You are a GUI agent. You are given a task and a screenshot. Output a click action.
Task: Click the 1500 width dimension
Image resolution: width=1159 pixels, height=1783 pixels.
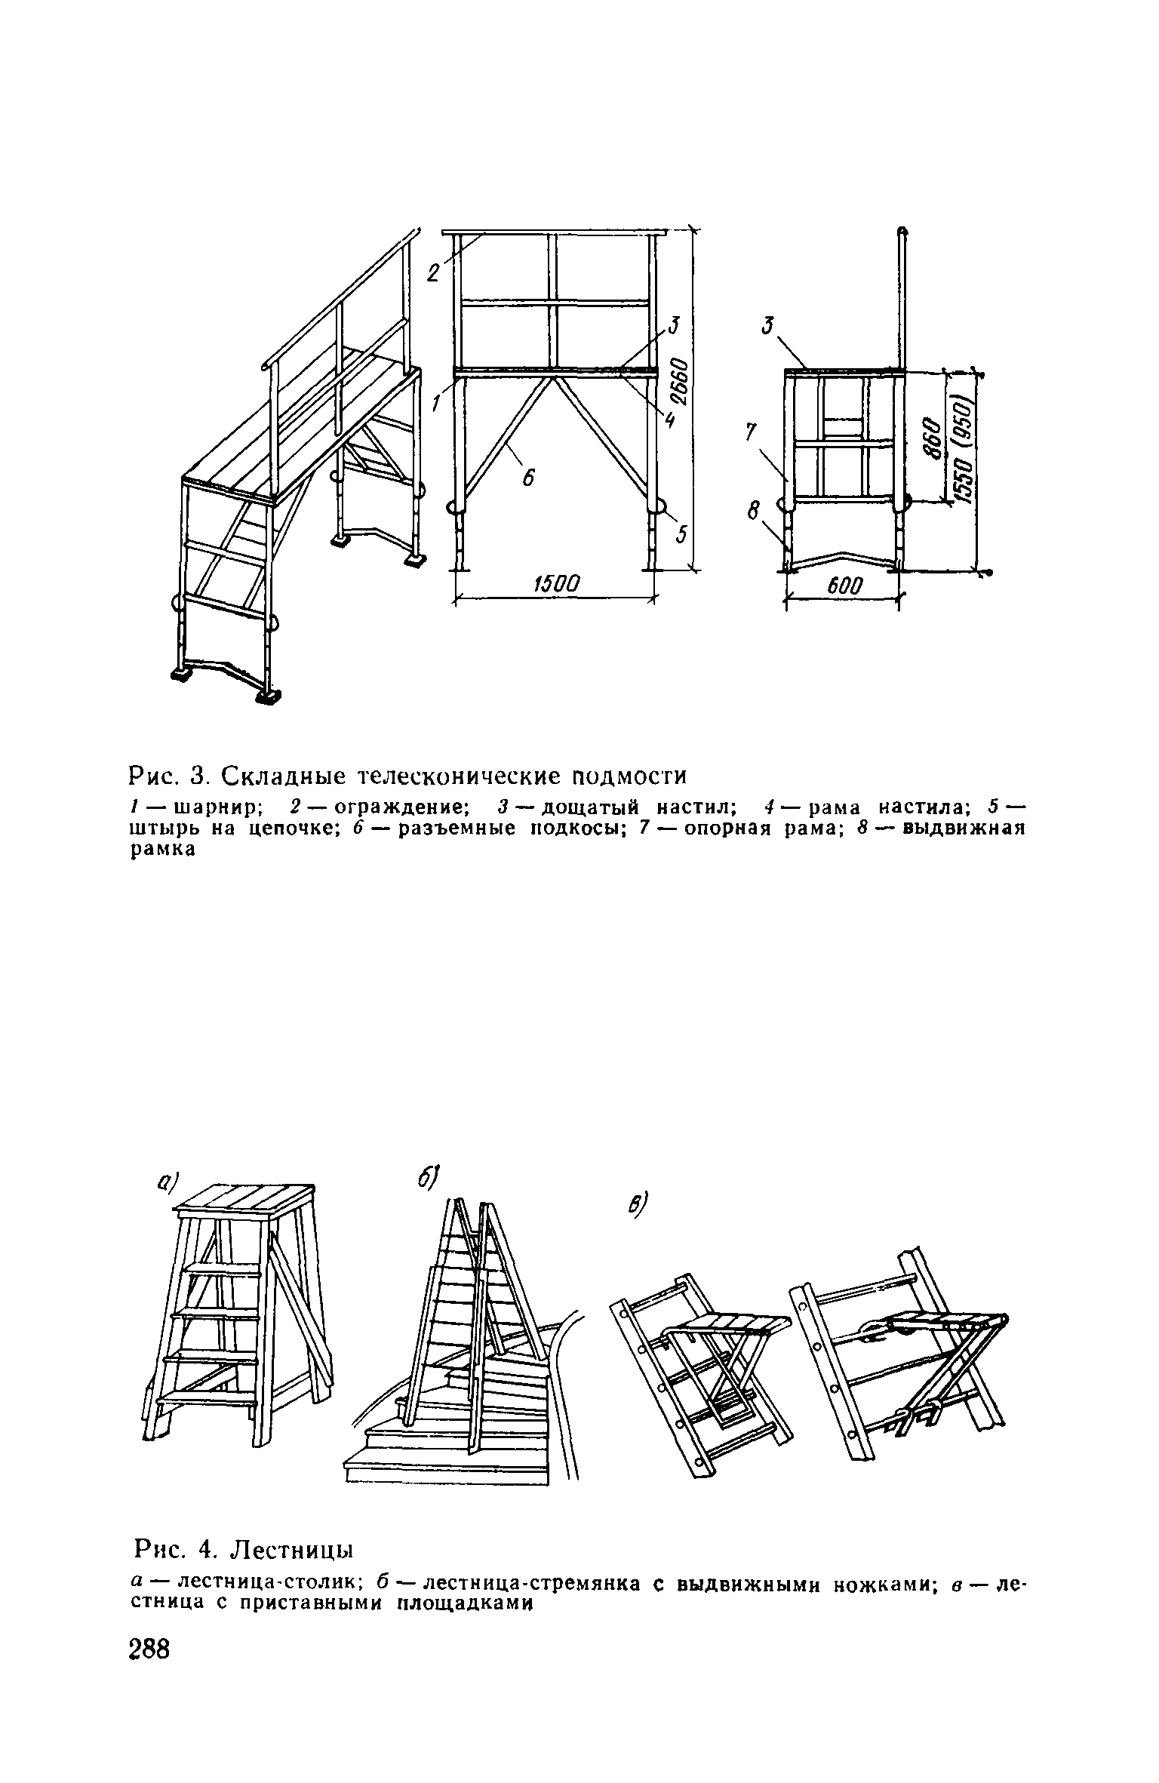coord(557,583)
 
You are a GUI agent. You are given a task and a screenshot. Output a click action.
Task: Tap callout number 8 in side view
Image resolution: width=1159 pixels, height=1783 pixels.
coord(752,512)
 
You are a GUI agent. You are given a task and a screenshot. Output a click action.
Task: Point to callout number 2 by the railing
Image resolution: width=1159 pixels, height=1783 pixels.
coord(432,272)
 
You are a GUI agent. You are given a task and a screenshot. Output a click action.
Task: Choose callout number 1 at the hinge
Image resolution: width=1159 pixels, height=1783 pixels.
coord(436,406)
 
